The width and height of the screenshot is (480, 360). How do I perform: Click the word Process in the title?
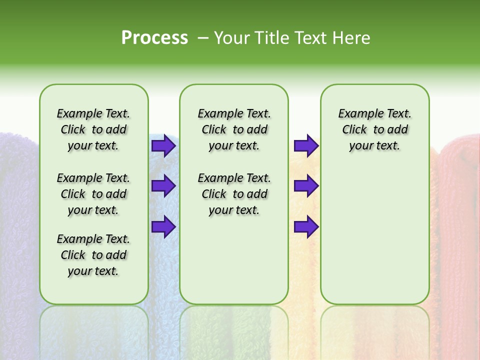[x=154, y=38]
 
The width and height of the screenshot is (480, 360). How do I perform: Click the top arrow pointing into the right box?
[x=306, y=145]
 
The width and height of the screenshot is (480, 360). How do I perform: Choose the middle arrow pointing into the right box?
[x=306, y=186]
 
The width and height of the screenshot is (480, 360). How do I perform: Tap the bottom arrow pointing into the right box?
[x=306, y=227]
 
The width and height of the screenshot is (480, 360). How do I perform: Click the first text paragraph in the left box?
[x=93, y=129]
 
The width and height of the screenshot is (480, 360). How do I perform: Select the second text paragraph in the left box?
[x=93, y=194]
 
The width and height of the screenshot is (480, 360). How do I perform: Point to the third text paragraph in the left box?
[x=93, y=255]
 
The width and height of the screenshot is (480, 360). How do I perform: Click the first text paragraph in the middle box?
[x=234, y=129]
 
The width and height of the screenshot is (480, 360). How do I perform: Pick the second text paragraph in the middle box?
[x=234, y=194]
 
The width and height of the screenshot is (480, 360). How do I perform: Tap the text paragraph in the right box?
[x=374, y=129]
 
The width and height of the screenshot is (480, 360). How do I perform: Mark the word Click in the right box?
[x=354, y=130]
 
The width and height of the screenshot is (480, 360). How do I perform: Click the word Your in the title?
[x=230, y=38]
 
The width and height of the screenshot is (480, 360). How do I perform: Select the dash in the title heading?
[x=203, y=38]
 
